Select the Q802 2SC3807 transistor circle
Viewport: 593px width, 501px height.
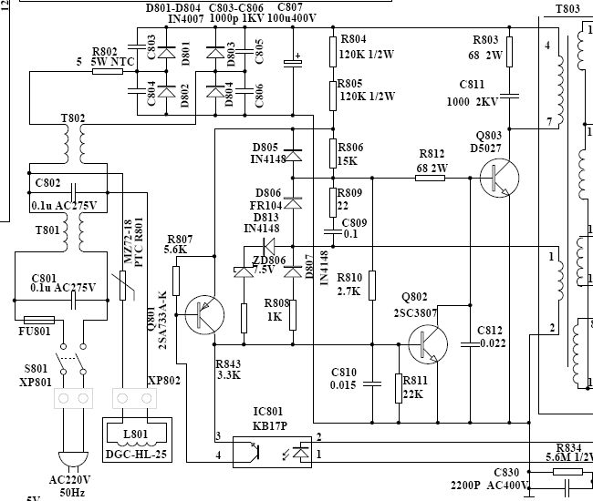428,343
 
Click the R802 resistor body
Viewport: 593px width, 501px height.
108,70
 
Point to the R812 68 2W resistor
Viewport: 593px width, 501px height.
431,179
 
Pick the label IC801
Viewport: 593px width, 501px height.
270,410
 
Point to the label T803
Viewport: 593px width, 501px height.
567,9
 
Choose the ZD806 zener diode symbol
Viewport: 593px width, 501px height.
244,271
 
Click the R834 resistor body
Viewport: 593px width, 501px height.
566,459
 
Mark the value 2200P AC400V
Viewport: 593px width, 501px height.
492,485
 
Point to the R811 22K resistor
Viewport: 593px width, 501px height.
399,386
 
